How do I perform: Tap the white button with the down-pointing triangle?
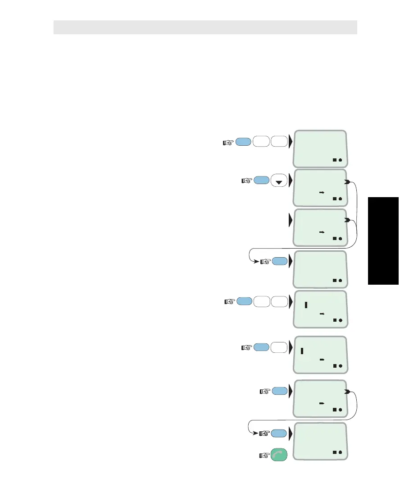click(x=279, y=181)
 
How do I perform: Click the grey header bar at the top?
click(x=205, y=27)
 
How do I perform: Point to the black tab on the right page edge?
click(x=383, y=241)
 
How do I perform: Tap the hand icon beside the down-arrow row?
click(x=246, y=181)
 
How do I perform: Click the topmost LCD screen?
click(x=320, y=149)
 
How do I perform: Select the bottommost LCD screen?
click(x=320, y=441)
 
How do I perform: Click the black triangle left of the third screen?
click(x=291, y=221)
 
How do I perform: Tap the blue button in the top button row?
click(x=244, y=142)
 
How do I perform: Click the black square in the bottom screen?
click(x=335, y=452)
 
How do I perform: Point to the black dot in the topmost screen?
click(x=341, y=160)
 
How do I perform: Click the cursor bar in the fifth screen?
click(x=306, y=305)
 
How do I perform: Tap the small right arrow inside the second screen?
click(x=322, y=192)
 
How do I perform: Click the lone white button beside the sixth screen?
click(x=279, y=347)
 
